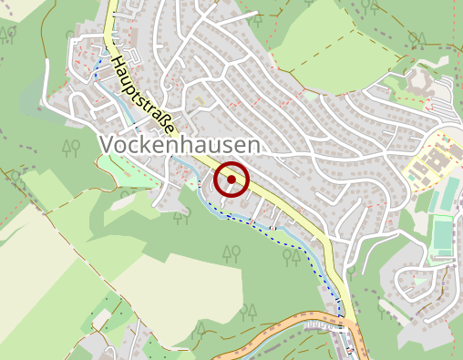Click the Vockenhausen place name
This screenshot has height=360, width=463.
click(x=178, y=146)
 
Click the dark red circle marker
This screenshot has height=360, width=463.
click(x=231, y=180)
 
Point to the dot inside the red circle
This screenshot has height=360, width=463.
click(x=231, y=180)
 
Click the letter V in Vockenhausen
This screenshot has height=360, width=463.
click(x=104, y=146)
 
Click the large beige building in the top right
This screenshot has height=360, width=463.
click(x=421, y=77)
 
